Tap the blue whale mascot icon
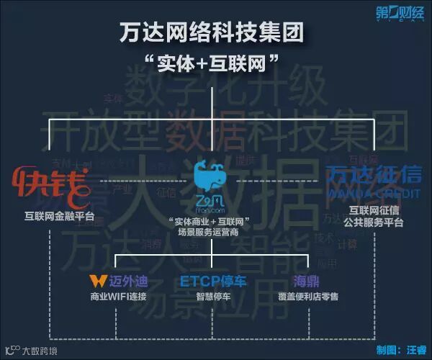pos(212,176)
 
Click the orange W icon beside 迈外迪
pos(95,280)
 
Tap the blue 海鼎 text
pos(307,280)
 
